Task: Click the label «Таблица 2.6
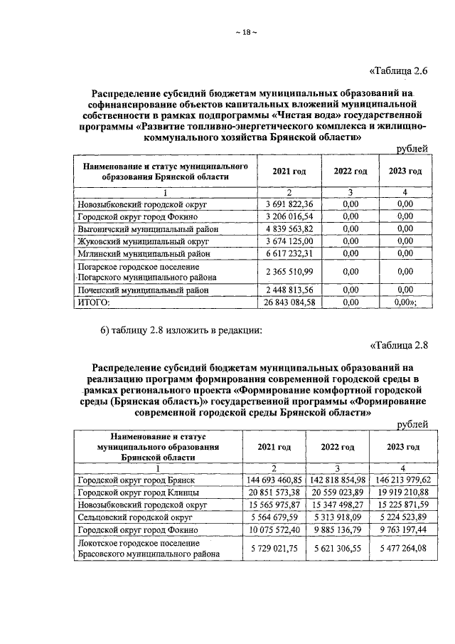click(400, 70)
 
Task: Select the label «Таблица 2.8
click(400, 347)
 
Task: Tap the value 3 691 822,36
click(289, 204)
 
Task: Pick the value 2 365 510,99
click(289, 273)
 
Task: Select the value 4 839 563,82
click(289, 229)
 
